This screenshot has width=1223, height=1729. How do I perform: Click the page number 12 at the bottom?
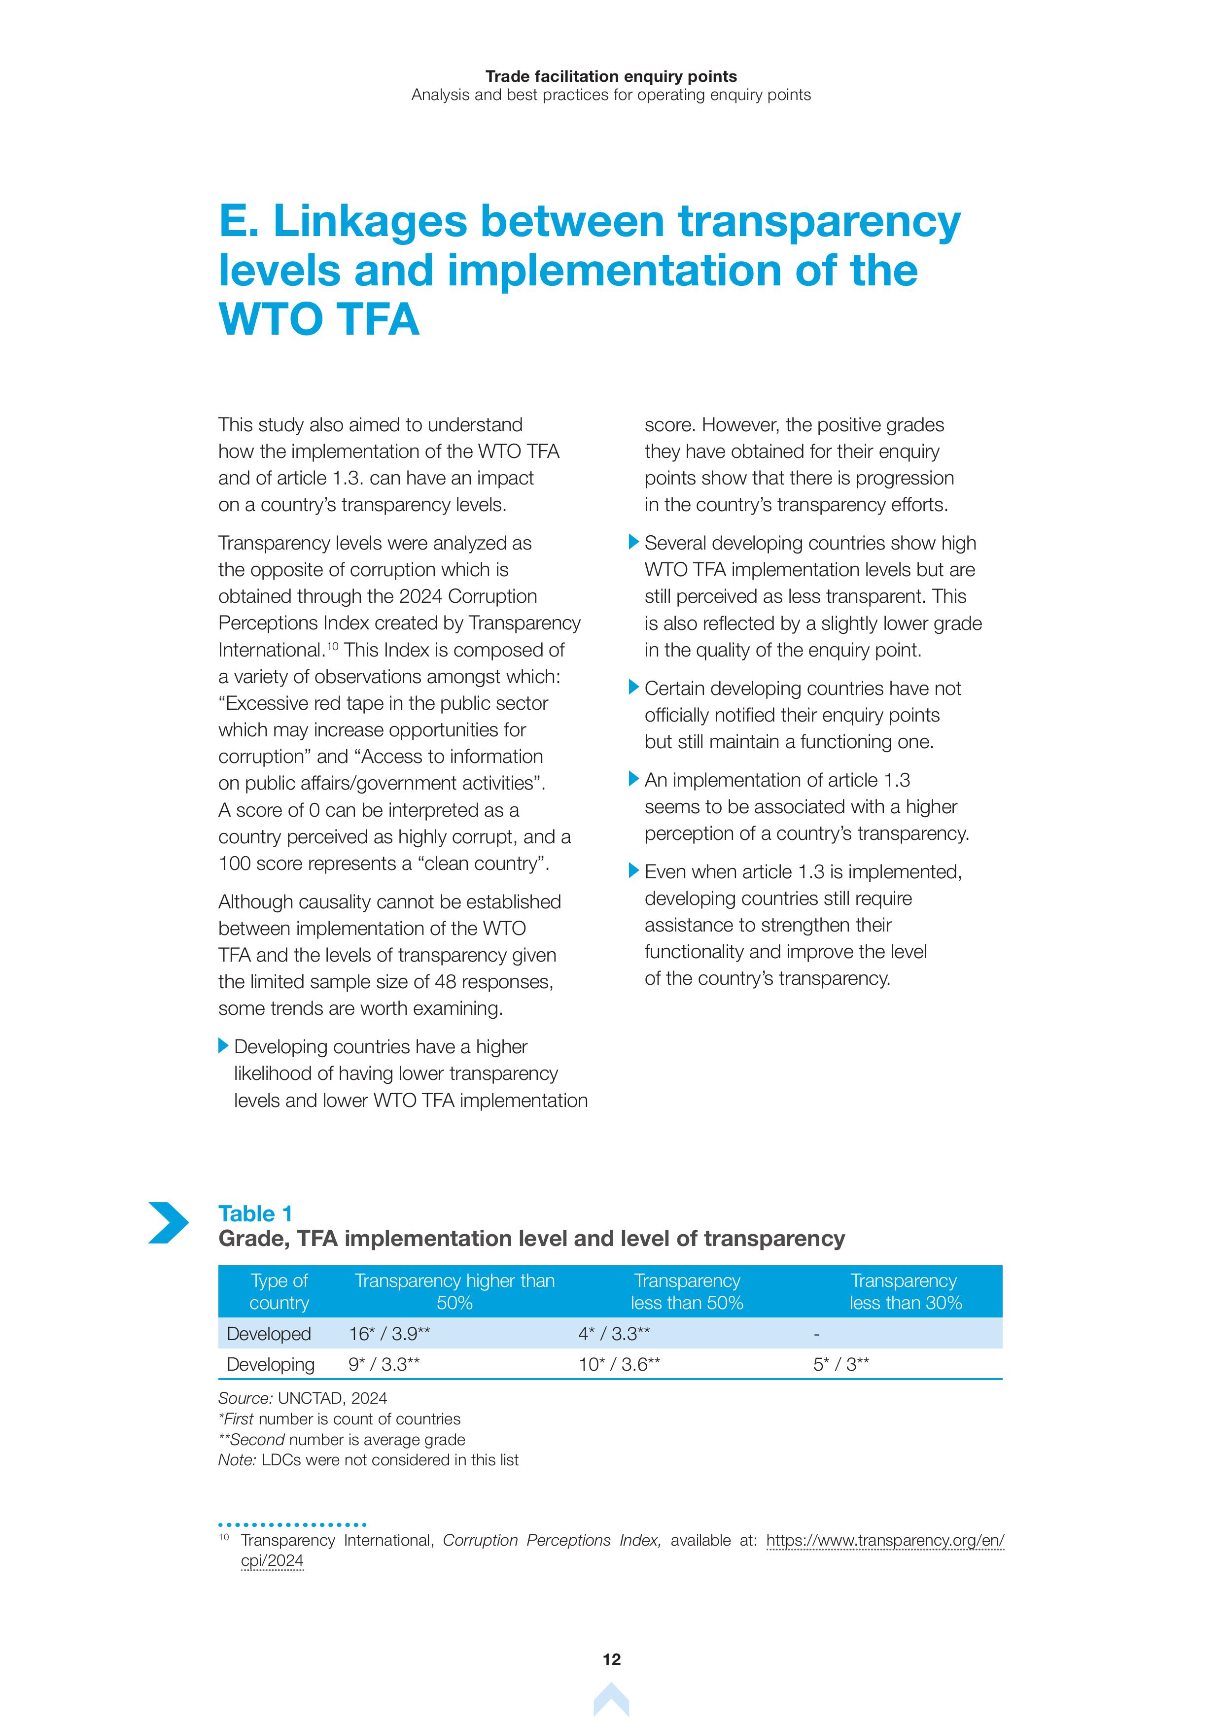611,1660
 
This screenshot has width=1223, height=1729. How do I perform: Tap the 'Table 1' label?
255,1214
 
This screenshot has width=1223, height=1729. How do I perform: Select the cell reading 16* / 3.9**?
389,1334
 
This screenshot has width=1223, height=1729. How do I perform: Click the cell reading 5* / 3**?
841,1365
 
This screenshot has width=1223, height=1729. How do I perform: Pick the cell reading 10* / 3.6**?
619,1365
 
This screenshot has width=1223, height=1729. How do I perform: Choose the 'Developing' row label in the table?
270,1365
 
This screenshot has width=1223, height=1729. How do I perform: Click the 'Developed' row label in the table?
269,1334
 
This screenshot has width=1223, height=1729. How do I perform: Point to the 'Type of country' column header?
280,1291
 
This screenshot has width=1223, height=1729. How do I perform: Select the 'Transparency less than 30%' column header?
905,1291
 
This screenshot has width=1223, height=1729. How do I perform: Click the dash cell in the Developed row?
816,1334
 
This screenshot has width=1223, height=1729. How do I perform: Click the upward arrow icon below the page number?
611,1700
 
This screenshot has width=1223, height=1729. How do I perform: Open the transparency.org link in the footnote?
885,1541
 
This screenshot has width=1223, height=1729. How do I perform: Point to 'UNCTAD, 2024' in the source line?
332,1398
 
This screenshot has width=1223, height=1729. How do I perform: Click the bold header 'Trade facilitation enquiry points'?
611,76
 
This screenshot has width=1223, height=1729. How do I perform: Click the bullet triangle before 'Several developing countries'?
634,542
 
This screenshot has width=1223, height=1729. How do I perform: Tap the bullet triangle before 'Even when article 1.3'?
634,870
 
